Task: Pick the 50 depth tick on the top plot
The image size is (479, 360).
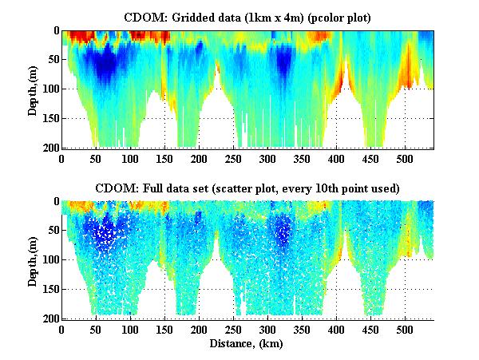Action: [52, 60]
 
